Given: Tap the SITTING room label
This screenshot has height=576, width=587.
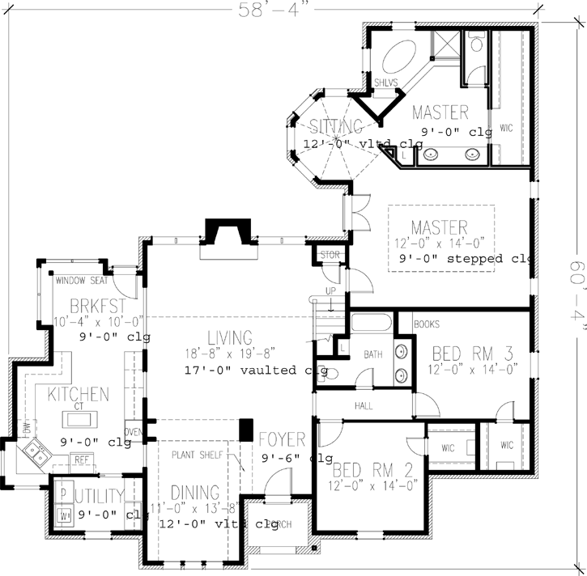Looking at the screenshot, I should coord(335,125).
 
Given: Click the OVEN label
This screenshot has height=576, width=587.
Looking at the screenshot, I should coord(133,431).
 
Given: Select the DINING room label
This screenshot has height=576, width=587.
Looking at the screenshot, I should coord(195,492).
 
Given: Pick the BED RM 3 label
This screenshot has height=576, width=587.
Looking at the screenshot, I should coord(471,354).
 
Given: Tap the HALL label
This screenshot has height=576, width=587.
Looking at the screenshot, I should coord(364,406).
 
